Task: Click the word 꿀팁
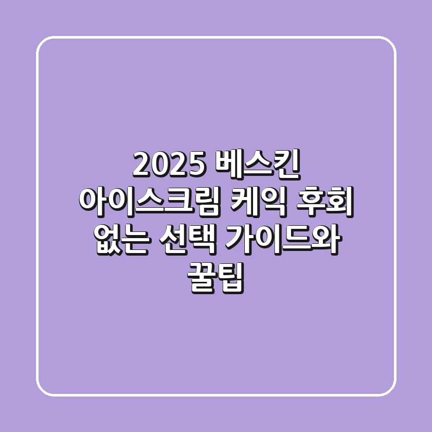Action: (x=215, y=277)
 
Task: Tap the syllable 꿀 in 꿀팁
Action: (x=201, y=277)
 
